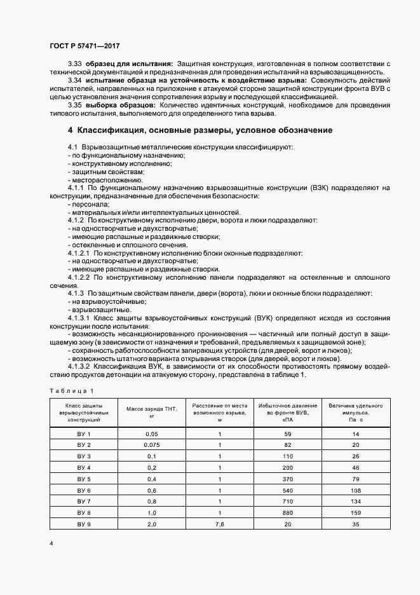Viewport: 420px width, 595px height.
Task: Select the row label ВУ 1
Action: [x=85, y=434]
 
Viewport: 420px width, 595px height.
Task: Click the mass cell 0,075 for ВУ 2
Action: [x=151, y=445]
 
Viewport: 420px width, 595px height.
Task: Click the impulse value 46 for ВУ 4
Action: [x=355, y=468]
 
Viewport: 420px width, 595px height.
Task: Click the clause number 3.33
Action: [x=74, y=65]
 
